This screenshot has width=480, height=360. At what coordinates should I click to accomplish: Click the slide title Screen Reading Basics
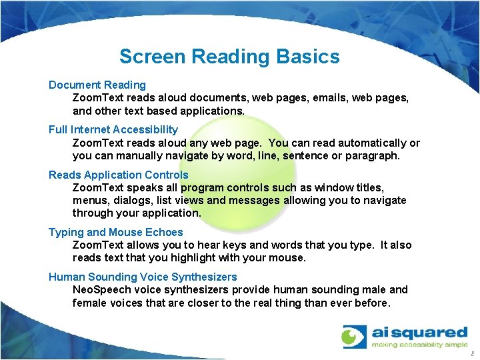[229, 57]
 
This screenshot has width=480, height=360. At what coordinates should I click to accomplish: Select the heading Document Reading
[97, 85]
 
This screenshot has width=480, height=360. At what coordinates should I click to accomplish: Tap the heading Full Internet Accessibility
[113, 129]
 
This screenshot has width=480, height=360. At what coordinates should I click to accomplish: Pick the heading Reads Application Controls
[118, 175]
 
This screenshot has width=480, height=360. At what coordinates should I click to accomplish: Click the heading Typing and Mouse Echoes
[115, 232]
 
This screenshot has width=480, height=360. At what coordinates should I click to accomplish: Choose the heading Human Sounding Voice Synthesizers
[143, 277]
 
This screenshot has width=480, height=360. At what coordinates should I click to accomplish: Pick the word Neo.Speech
[103, 289]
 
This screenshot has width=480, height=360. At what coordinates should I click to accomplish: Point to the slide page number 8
[472, 353]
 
